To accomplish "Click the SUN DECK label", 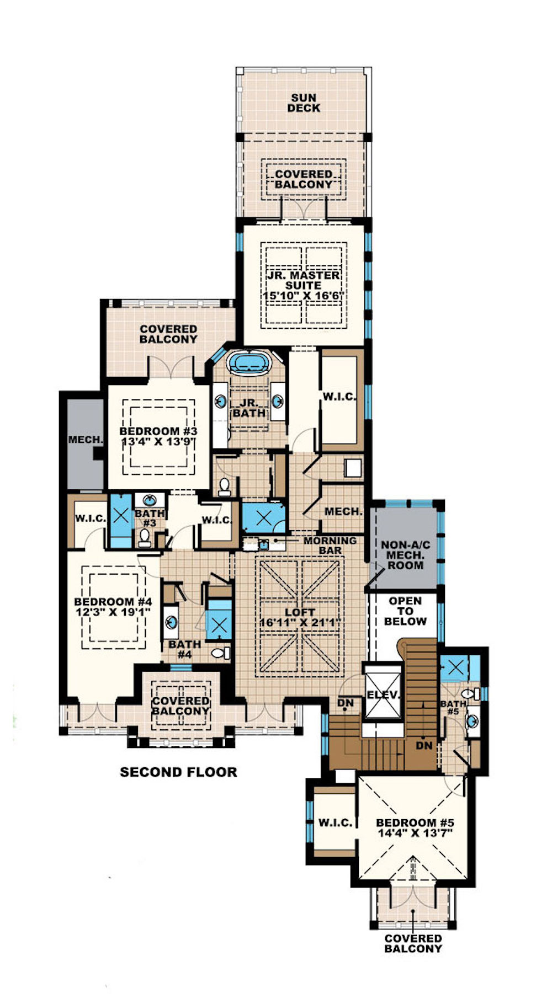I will pos(303,103).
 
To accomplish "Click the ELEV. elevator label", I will pos(382,695).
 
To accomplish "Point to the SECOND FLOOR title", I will pos(178,772).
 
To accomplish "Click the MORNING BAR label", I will pos(330,545).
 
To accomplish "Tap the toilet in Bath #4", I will pos(221,653).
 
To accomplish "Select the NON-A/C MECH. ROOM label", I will pos(405,555).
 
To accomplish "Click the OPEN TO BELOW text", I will pos(405,611).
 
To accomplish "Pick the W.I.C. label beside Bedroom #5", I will pos(335,822).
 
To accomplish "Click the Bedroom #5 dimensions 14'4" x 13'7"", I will pos(415,833).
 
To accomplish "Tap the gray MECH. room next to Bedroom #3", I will pos(86,440).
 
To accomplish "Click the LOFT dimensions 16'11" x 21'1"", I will pos(300,623).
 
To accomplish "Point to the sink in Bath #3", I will pos(149,501).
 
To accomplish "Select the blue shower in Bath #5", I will pos(455,669).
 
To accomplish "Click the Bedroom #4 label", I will pos(113,601).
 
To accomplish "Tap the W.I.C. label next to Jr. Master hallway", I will pos(339,397).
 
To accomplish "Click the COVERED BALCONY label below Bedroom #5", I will pos(413,943).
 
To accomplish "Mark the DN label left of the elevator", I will pos(345,703).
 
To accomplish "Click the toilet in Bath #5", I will pos(468,693).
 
